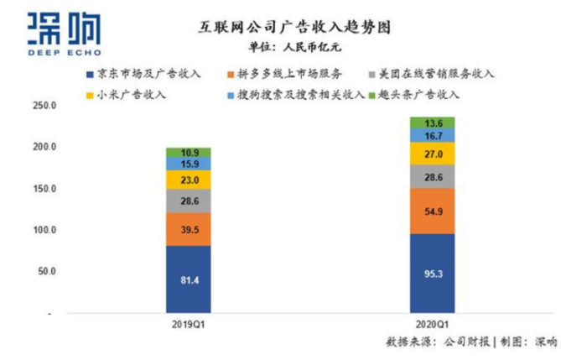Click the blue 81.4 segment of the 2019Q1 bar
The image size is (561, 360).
[x=189, y=279]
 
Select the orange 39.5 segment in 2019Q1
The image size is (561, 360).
[x=189, y=228]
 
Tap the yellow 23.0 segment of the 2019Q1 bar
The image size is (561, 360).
[x=189, y=180]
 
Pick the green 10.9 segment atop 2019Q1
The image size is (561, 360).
[x=189, y=153]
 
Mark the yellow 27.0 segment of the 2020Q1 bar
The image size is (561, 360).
[x=433, y=154]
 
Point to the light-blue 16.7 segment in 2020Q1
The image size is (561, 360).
[x=433, y=134]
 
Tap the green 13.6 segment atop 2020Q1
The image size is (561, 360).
[x=433, y=123]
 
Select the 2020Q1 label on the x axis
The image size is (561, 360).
[x=433, y=323]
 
